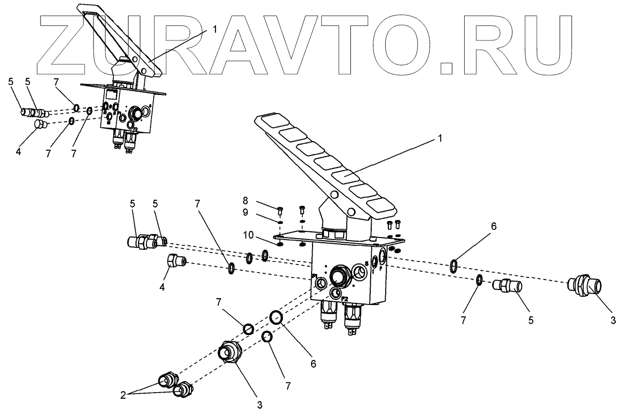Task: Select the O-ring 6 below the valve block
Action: point(276,317)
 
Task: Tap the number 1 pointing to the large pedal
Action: point(440,139)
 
